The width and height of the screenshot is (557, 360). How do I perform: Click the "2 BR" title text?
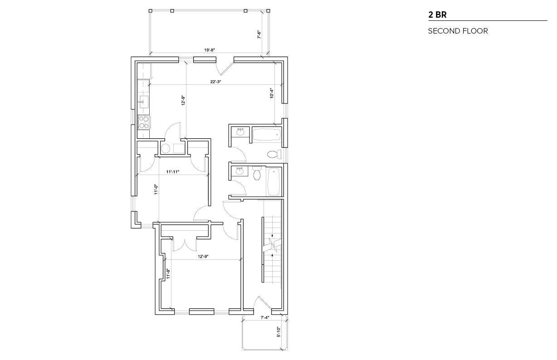tap(437, 15)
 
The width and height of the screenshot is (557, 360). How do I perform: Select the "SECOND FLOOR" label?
tap(458, 31)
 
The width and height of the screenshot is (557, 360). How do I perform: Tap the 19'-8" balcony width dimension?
tap(210, 50)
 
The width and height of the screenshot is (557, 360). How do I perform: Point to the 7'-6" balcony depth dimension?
tap(259, 34)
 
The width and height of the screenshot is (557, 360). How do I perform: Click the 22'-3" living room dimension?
tap(215, 82)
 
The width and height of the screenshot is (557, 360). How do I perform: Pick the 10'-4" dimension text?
tap(272, 93)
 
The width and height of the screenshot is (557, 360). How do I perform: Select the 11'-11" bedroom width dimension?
tap(172, 171)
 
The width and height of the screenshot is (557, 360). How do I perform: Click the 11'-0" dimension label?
tap(156, 189)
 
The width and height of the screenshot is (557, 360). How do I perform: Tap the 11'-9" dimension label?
tap(168, 274)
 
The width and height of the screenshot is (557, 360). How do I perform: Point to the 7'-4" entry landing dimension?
tap(264, 317)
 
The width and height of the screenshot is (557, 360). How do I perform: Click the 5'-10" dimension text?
tap(278, 332)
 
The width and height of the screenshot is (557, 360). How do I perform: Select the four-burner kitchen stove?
tap(144, 122)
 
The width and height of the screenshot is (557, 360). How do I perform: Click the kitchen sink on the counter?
tap(144, 102)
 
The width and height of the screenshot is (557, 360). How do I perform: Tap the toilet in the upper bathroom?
tap(274, 154)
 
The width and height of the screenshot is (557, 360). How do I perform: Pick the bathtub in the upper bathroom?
tap(267, 134)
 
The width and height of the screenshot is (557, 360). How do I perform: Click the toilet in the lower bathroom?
tap(257, 173)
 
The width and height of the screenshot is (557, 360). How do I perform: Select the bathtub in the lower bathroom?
tap(274, 182)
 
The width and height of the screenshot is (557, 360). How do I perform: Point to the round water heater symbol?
tap(166, 149)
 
